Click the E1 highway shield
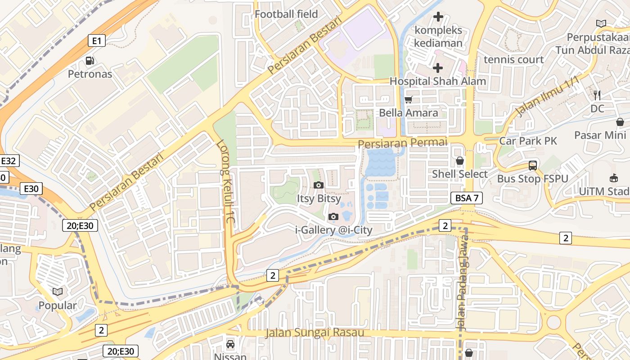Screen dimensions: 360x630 click(96, 41)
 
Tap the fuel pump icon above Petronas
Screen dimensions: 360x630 click(90, 60)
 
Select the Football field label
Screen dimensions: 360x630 click(286, 14)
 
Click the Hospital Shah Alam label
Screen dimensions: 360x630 click(437, 81)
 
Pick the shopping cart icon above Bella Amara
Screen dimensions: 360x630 click(409, 99)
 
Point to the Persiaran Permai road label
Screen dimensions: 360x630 click(403, 143)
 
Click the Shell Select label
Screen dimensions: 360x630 click(459, 174)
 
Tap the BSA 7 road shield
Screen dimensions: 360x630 click(466, 198)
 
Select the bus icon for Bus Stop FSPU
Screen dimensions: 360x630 click(533, 165)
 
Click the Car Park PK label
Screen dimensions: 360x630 click(528, 141)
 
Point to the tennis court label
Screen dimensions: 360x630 click(513, 59)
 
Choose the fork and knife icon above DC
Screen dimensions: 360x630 click(597, 95)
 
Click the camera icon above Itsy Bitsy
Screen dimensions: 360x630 click(319, 185)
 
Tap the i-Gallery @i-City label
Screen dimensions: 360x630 click(333, 230)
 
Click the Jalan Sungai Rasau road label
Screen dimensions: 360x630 click(314, 333)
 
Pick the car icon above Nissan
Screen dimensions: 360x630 click(230, 344)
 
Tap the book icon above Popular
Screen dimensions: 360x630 click(58, 292)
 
